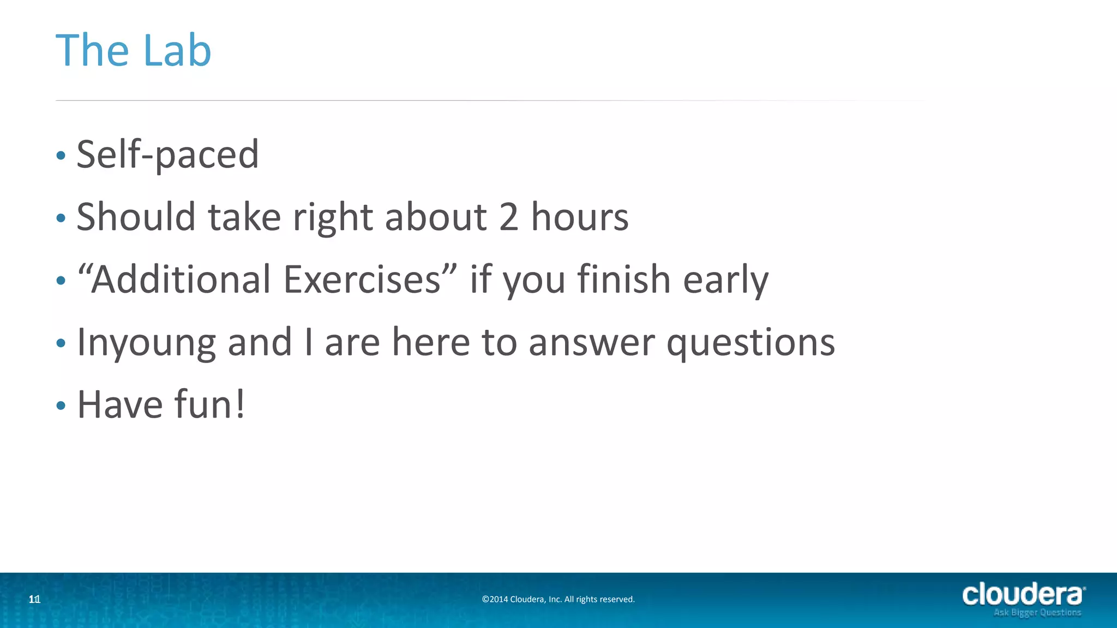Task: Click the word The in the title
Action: coord(92,50)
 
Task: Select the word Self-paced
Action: coord(167,155)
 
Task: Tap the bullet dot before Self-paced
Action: coord(61,156)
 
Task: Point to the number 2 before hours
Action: coord(508,217)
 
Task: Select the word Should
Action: coord(136,217)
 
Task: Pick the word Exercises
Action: coord(362,279)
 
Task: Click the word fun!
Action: coord(209,404)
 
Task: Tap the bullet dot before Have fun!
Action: coord(61,406)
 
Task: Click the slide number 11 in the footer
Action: coord(34,600)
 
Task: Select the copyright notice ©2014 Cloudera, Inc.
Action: coord(558,599)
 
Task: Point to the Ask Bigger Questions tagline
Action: coord(1037,613)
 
